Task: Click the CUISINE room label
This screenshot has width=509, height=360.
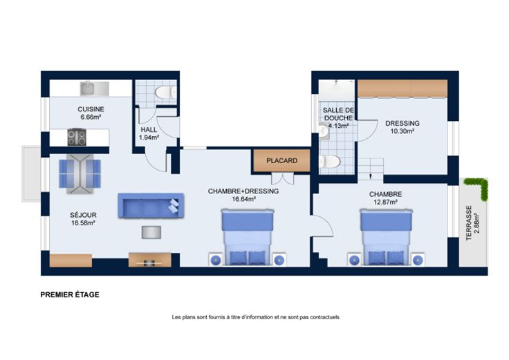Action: [91, 109]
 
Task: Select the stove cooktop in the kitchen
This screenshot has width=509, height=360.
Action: [77, 138]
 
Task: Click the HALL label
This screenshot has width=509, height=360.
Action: [149, 130]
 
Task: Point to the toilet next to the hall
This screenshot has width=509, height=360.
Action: [165, 93]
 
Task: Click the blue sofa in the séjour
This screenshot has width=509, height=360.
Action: [151, 206]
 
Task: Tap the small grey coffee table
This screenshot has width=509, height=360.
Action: [151, 232]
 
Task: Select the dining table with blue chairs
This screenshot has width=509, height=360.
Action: [80, 173]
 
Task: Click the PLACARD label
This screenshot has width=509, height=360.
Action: [281, 160]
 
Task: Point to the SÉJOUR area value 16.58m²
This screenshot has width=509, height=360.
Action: [83, 223]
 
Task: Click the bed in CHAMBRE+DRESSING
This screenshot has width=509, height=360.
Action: [247, 237]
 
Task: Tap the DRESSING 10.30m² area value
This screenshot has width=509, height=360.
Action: [402, 131]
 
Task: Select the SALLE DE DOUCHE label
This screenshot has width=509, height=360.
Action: [338, 114]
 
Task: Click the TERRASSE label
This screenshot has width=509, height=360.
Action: [469, 223]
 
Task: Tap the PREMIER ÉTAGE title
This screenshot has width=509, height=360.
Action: [70, 295]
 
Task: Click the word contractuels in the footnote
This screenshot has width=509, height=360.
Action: [324, 317]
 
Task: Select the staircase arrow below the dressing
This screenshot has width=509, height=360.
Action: [371, 177]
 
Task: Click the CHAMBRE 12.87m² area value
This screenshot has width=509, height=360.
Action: [386, 202]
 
